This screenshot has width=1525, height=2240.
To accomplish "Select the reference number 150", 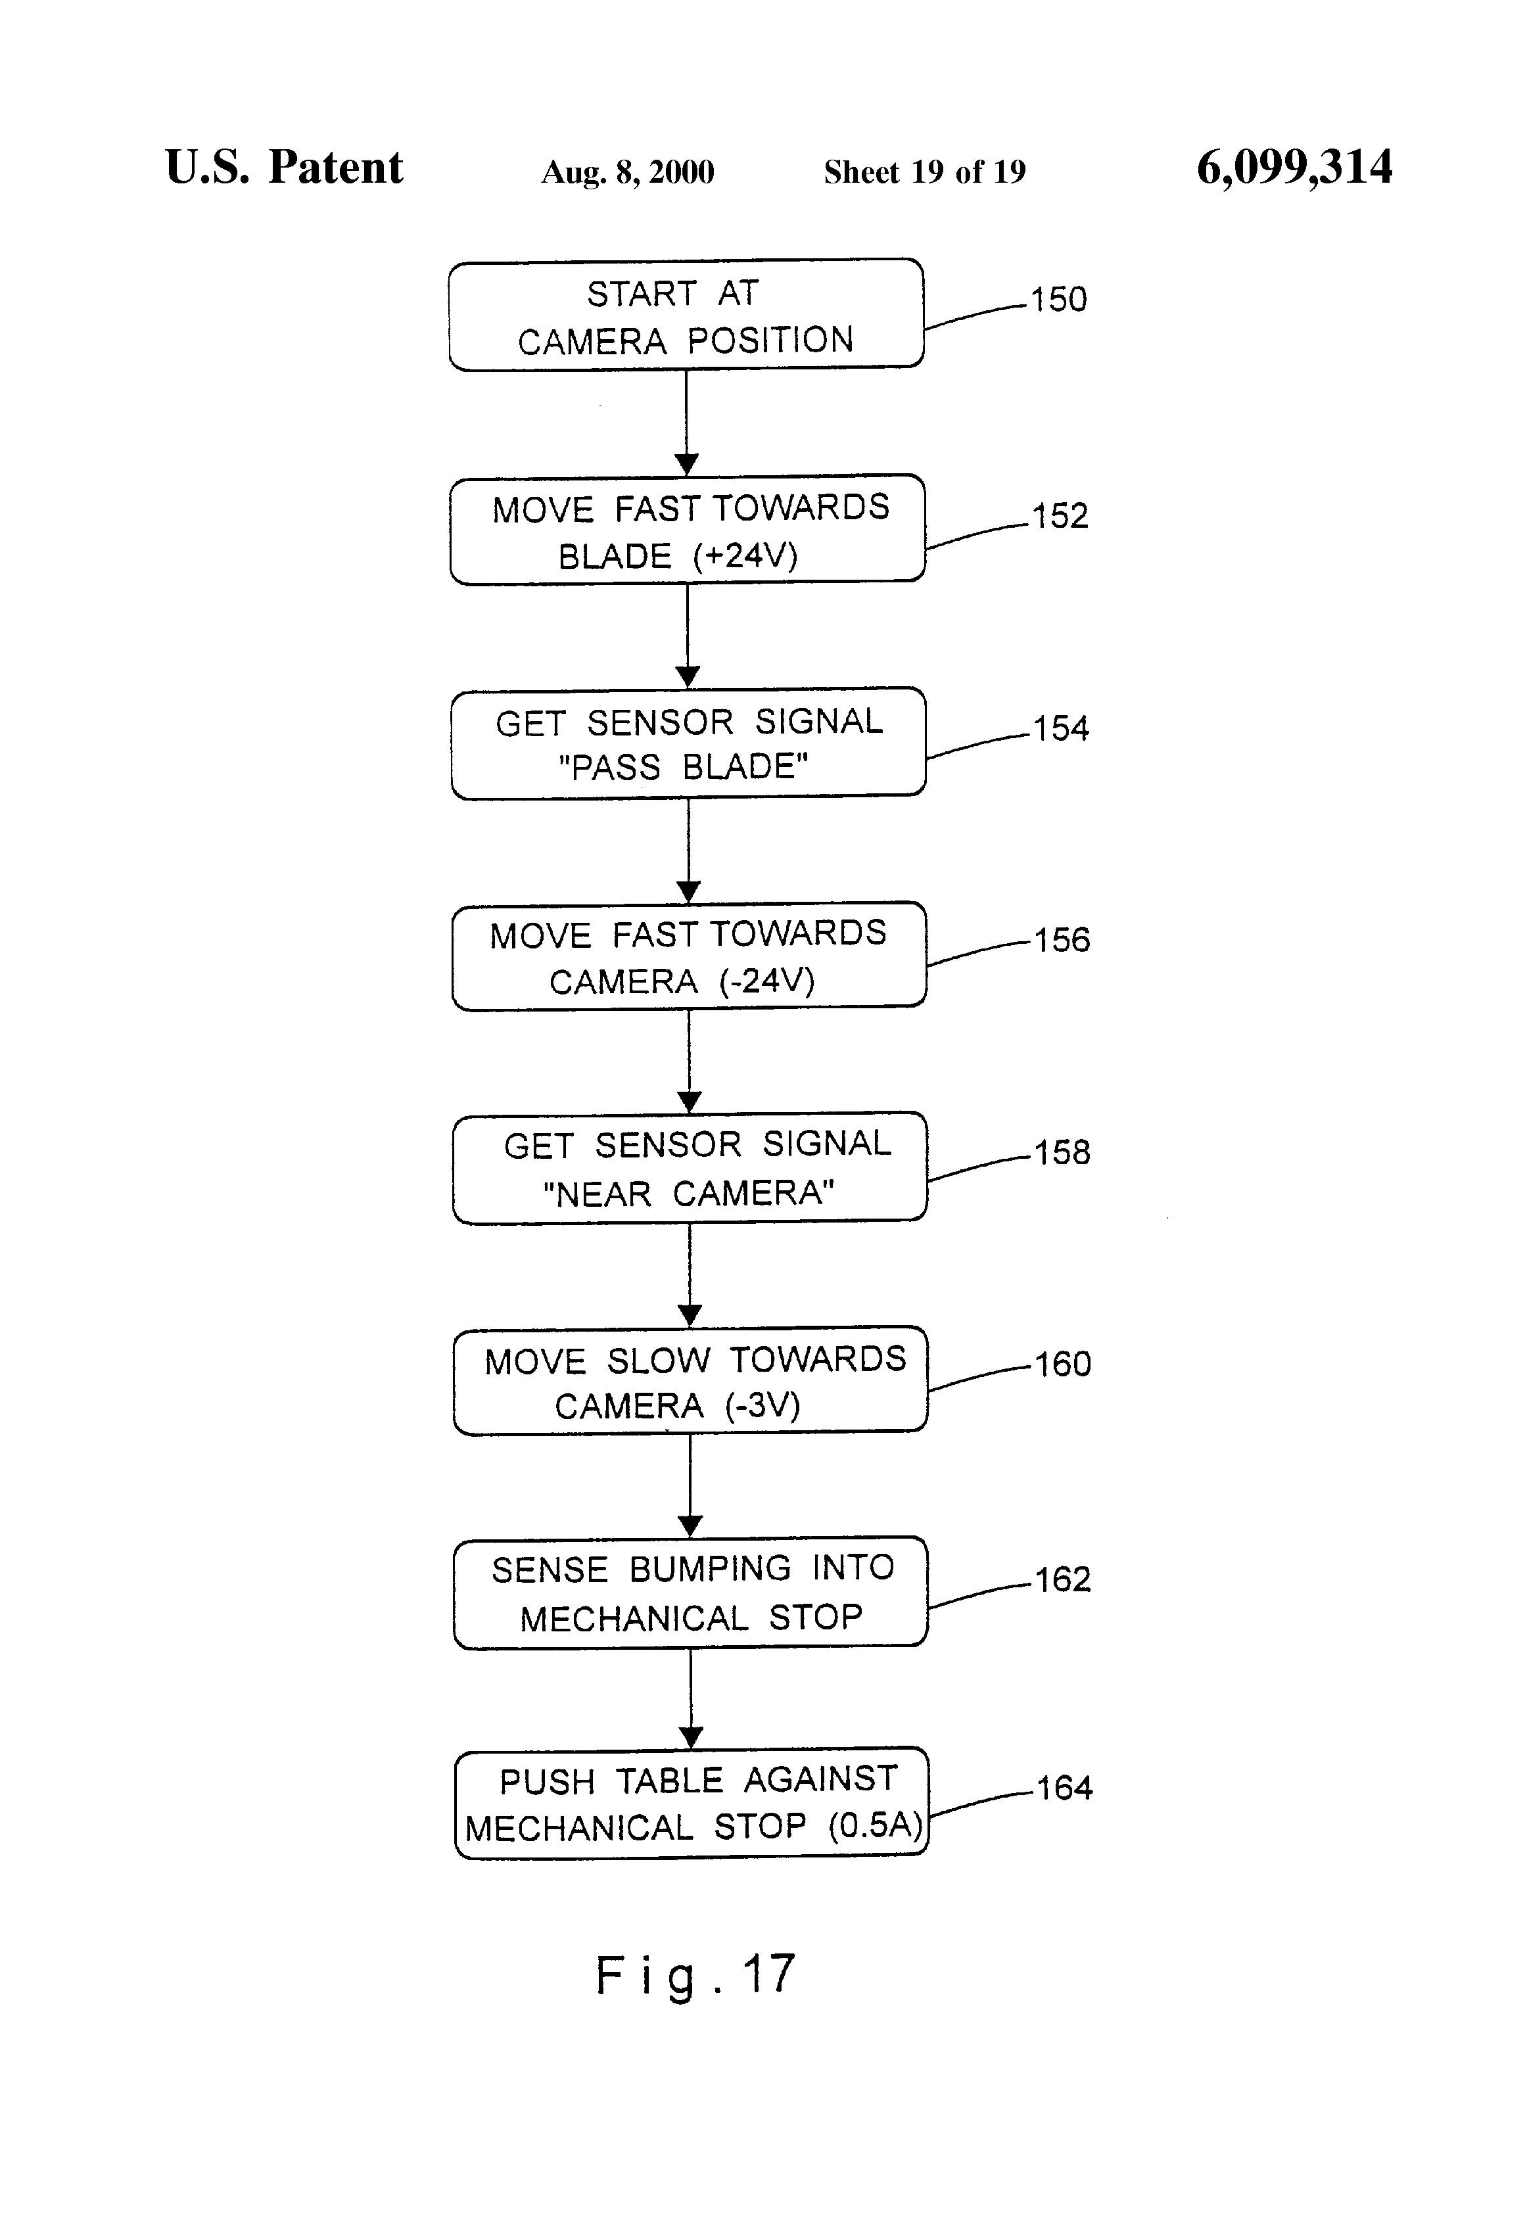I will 1058,300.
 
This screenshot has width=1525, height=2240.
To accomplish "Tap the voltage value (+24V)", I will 745,556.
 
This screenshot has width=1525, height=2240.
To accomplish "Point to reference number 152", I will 1060,516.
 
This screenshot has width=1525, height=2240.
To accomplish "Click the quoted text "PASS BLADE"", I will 682,767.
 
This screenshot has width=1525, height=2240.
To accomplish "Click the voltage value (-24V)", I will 766,981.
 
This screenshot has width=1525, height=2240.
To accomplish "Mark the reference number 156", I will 1062,940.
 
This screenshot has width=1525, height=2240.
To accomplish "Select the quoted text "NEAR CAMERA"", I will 688,1194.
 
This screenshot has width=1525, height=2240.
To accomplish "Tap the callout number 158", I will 1062,1152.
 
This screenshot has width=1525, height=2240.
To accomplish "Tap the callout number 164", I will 1064,1788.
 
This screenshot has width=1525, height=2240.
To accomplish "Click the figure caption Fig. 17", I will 695,1975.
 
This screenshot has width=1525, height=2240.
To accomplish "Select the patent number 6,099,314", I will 1294,168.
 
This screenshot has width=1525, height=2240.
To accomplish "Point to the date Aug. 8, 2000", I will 628,172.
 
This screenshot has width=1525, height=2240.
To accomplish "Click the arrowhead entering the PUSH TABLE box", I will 691,1738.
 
